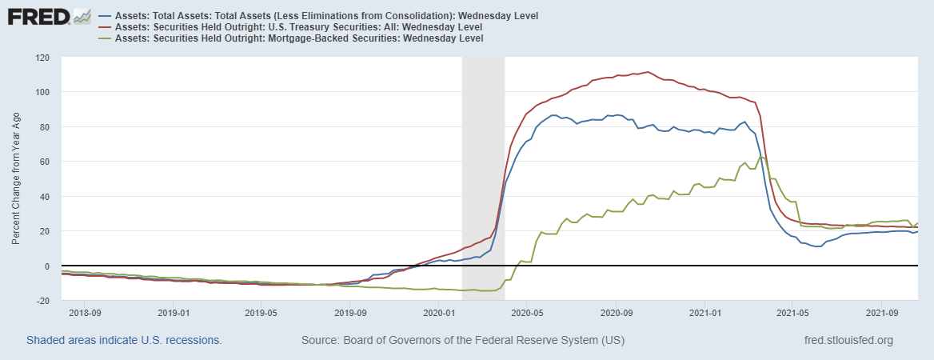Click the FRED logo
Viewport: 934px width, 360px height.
[38, 16]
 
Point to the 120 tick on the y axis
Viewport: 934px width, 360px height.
[42, 58]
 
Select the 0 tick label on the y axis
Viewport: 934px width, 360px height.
[47, 266]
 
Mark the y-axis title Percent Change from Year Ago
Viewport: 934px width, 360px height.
[16, 179]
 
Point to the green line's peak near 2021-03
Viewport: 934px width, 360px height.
[760, 156]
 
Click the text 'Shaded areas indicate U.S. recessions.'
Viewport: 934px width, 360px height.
[124, 340]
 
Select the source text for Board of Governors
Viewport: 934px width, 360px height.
[462, 340]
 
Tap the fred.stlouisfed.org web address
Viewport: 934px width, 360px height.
[848, 340]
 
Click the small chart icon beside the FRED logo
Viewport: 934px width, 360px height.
[82, 15]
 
